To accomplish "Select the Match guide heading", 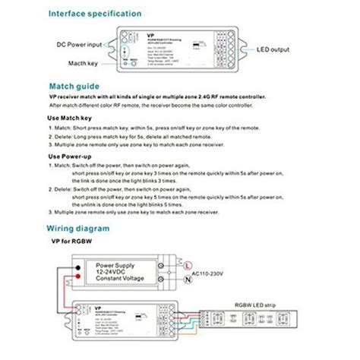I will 74,86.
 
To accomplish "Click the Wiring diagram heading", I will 81,227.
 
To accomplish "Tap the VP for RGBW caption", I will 76,242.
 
